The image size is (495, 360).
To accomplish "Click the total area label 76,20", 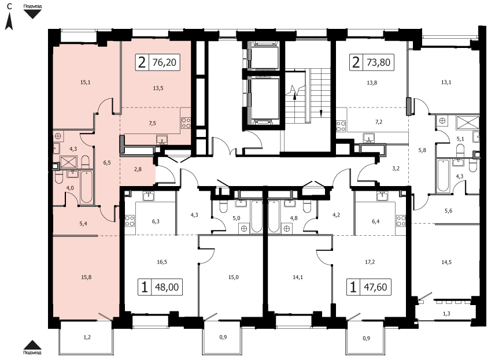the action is click(164, 62).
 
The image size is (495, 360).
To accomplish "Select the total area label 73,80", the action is click(379, 62).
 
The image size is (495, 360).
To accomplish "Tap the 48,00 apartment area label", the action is click(167, 287).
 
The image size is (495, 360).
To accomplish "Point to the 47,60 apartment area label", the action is click(375, 287).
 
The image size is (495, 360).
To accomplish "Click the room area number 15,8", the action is click(86, 277).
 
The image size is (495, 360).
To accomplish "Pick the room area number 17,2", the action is click(370, 262).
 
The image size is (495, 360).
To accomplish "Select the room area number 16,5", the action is click(162, 262).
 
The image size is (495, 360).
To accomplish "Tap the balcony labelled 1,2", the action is click(87, 337).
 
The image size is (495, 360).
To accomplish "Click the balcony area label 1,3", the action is click(446, 314).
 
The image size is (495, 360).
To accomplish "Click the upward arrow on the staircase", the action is click(294, 95).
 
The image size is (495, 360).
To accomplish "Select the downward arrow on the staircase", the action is click(321, 112).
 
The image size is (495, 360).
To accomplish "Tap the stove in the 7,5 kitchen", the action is click(186, 123).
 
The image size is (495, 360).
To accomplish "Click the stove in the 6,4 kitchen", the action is click(401, 221).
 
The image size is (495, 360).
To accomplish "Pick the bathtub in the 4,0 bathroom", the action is click(86, 187).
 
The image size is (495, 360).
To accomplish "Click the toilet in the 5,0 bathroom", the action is click(223, 207).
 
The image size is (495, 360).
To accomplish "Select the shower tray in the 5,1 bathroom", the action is click(467, 123).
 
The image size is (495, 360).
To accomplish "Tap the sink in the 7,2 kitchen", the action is click(368, 138).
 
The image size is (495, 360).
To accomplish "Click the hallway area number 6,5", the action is click(107, 163).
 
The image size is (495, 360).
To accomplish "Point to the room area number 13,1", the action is click(446, 83).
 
